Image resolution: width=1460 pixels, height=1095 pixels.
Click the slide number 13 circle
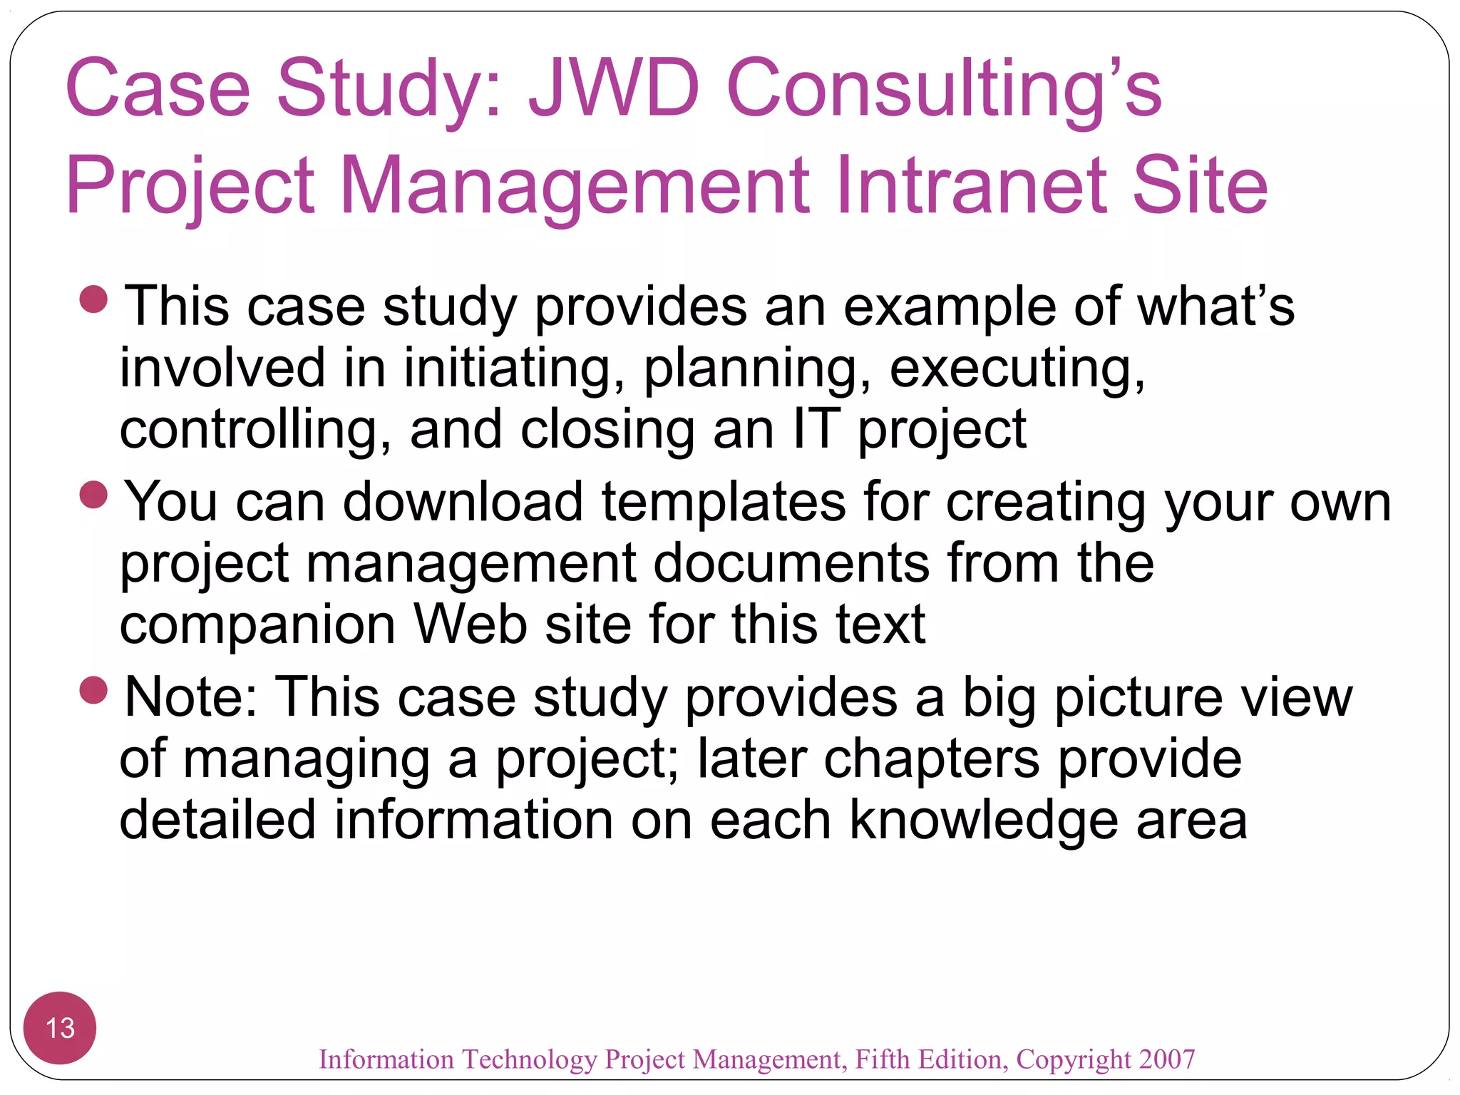click(x=60, y=1028)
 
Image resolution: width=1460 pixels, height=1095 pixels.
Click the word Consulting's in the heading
click(x=944, y=88)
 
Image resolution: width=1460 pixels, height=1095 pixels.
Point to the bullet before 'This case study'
click(x=93, y=299)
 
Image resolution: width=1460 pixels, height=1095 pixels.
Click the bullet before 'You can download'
click(x=93, y=495)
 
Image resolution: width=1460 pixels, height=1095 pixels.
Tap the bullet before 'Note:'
click(x=93, y=690)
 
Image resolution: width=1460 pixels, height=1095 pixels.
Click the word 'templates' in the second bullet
click(x=724, y=502)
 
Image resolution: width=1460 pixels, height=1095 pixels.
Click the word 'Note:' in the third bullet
click(x=191, y=697)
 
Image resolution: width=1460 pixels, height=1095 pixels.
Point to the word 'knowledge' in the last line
click(x=984, y=820)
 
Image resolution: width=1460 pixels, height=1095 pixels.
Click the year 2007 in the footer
click(x=1166, y=1059)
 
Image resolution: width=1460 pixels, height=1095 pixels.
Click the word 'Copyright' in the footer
click(x=1074, y=1060)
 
